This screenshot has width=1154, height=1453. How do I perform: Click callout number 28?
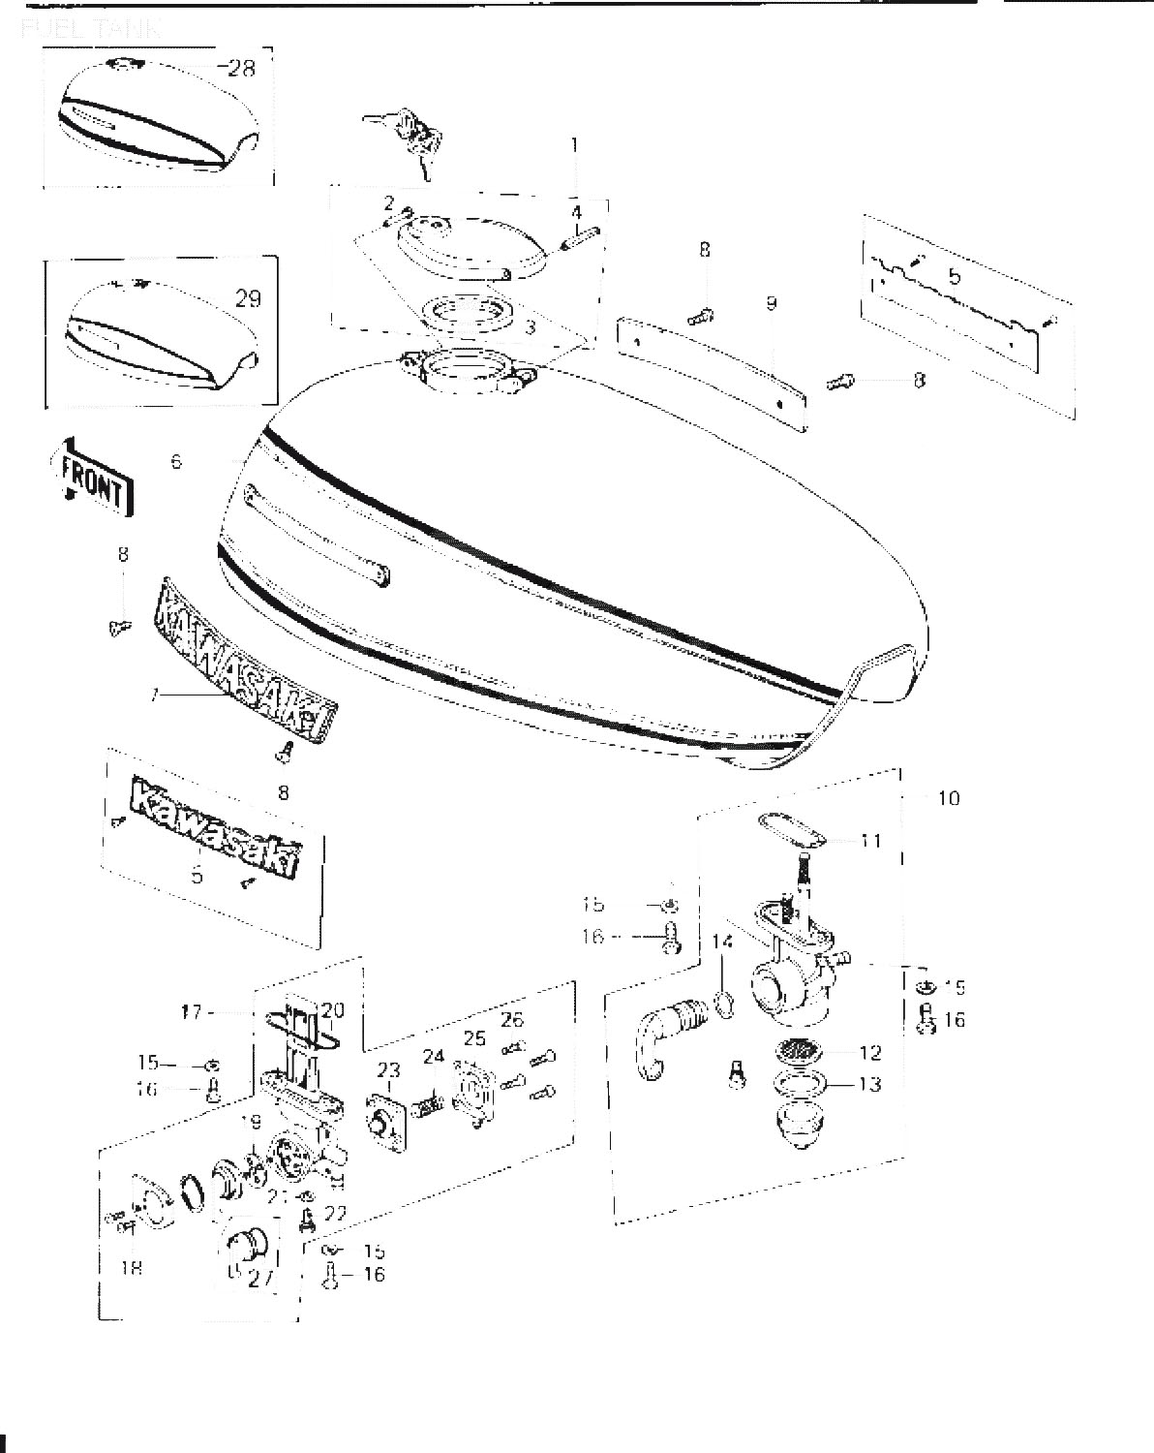(x=241, y=68)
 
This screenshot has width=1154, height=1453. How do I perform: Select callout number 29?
(x=248, y=298)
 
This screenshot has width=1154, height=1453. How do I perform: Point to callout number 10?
(x=949, y=798)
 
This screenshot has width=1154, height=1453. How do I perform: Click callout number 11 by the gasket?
(x=871, y=840)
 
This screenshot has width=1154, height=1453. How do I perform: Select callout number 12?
(x=869, y=1052)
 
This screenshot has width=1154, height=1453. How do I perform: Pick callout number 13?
(x=869, y=1084)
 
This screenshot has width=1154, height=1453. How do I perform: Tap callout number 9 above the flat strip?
(x=771, y=303)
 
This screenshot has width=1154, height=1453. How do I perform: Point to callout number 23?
(x=388, y=1070)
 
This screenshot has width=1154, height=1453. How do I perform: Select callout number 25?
(x=474, y=1039)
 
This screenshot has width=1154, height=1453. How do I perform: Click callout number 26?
(x=512, y=1019)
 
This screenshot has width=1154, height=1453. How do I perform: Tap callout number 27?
(x=259, y=1278)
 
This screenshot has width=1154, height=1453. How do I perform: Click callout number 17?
(x=191, y=1012)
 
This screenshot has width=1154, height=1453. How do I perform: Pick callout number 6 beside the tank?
(x=175, y=462)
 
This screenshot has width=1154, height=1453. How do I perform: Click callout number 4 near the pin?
(x=576, y=211)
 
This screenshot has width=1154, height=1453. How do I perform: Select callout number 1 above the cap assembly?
(x=574, y=145)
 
